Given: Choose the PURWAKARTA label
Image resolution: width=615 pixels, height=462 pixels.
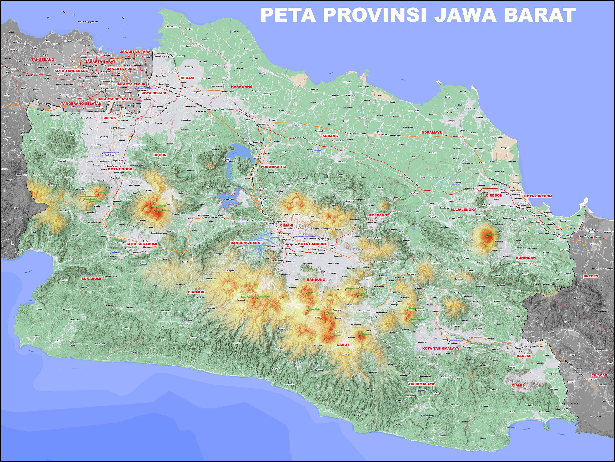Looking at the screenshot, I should click(274, 167).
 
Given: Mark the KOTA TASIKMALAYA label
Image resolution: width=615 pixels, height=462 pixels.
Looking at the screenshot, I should click(440, 348).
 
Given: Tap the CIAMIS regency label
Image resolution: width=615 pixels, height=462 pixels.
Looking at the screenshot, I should click(518, 385).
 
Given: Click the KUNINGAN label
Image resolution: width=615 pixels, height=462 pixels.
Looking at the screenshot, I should click(526, 258).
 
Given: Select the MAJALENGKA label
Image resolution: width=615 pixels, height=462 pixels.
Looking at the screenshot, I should click(464, 209).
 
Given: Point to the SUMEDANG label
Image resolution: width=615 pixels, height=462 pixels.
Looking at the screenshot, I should click(376, 215).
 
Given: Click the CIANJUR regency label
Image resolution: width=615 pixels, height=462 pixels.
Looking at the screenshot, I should click(196, 292).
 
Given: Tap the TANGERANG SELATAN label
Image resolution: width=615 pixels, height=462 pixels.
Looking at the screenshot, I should click(81, 103).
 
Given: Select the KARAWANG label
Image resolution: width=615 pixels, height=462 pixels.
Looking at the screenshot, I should click(242, 87).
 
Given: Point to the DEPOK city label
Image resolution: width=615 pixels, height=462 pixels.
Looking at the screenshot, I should click(110, 118).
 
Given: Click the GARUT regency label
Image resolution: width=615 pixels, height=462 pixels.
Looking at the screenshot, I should click(343, 345).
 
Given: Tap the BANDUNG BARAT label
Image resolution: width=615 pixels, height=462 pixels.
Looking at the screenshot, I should click(246, 243).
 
